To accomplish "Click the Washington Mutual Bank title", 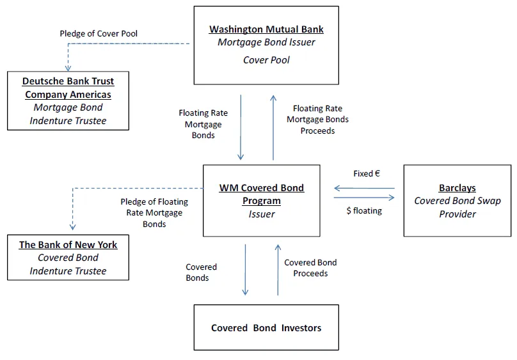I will coord(266,29).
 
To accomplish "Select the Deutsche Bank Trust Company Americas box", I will coord(67,100).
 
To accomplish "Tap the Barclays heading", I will coord(457,188).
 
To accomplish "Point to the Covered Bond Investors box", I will coord(266,327).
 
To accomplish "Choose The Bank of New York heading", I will coord(68,245).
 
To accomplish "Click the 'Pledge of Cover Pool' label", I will coord(99,33).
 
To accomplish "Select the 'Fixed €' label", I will coord(367,173).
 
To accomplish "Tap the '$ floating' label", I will coord(363,210).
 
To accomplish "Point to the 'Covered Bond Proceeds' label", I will coord(310,268).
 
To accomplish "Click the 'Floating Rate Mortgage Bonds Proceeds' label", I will coord(317,120).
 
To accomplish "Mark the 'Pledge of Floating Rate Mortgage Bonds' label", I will coord(154,213).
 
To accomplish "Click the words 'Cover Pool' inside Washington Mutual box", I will coord(266,60).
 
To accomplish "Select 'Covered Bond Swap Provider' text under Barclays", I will coord(457,207).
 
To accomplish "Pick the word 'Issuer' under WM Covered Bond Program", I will coord(261,214).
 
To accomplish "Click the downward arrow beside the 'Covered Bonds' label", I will coord(245,269).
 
